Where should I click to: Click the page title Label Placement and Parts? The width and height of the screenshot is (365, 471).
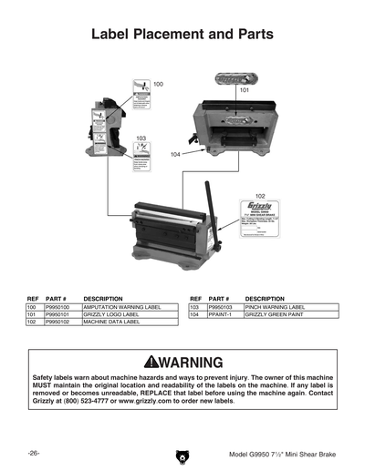[182, 35]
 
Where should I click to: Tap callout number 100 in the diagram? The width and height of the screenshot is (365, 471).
[158, 84]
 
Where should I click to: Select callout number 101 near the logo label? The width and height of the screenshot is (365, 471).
[245, 91]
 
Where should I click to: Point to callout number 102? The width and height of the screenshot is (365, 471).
[260, 196]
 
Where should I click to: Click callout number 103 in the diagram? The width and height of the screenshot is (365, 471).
[141, 138]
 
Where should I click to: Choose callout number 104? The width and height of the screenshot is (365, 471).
[174, 155]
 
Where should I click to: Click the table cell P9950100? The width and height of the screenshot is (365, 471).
[57, 308]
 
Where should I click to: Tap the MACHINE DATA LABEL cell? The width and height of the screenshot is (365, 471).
[111, 323]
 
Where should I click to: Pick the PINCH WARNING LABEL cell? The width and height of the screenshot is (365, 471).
[274, 308]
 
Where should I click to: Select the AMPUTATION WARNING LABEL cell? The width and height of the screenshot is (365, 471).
[121, 308]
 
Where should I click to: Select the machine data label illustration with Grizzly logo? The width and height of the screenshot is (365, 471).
[259, 220]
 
